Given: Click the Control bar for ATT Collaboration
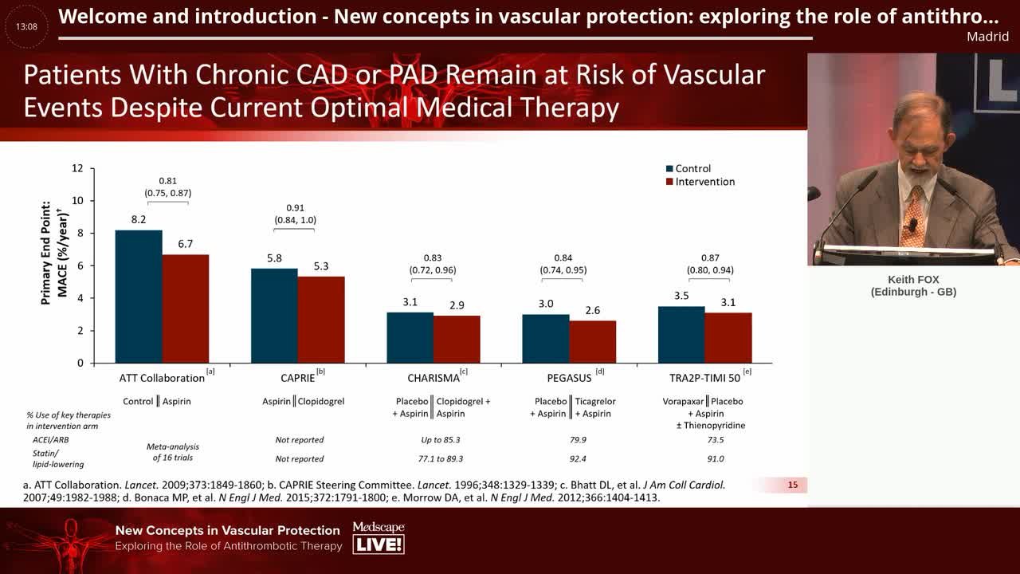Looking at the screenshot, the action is coord(139,297).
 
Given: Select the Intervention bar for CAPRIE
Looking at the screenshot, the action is coord(321,320).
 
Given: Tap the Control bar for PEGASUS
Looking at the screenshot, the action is coord(546,339).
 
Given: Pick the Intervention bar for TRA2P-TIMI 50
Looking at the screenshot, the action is coord(728,338).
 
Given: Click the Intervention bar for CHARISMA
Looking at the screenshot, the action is coord(457,340).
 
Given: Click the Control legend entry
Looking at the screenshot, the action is coord(688,168).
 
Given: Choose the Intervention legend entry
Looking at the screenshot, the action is coord(700,182).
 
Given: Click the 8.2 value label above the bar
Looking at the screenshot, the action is coord(139,219).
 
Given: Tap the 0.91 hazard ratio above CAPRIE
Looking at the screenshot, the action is coord(295,208).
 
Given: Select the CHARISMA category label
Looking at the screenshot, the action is coord(433,378).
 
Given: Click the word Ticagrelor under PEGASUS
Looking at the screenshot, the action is coord(595,401).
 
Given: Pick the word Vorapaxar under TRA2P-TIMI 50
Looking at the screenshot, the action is coord(683,401).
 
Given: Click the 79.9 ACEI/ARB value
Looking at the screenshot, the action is coord(578,439).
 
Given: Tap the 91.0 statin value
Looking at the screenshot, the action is coord(716,458).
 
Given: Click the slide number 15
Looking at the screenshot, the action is coord(793,485).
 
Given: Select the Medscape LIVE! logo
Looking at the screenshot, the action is coord(379,537).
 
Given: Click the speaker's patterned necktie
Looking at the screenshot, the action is coord(913,215).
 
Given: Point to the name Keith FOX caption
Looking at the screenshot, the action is coord(913,280).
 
